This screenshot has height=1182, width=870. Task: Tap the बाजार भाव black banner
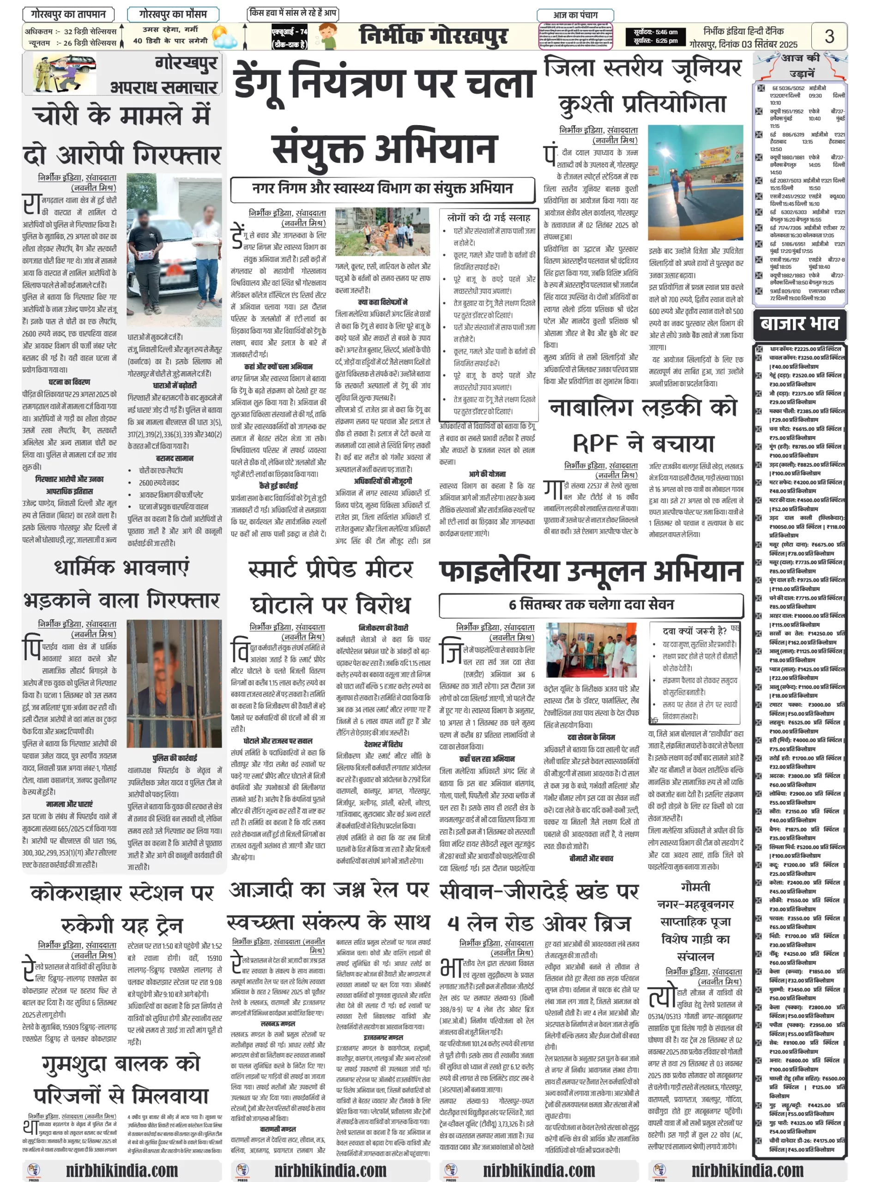[x=799, y=323]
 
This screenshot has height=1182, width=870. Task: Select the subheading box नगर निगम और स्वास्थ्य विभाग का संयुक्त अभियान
[x=382, y=189]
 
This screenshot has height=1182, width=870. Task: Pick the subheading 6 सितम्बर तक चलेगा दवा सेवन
[x=591, y=604]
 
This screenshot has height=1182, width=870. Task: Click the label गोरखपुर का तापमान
[x=68, y=14]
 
